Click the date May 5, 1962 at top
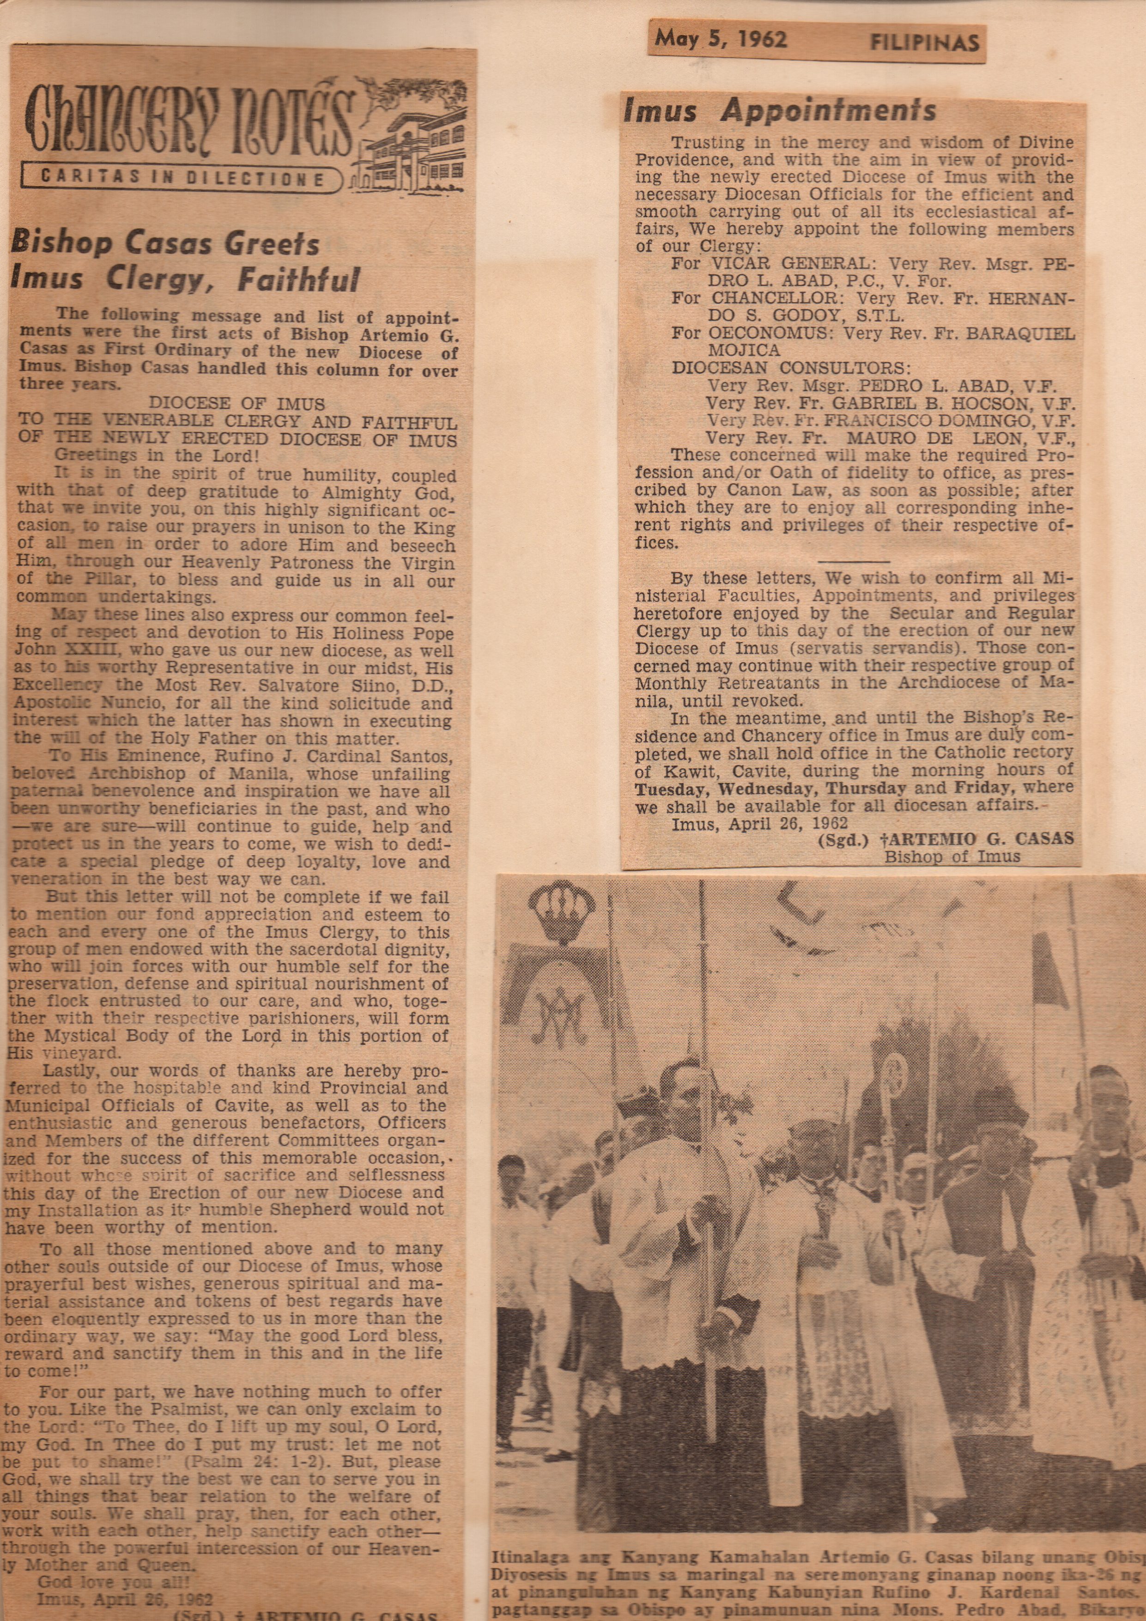coord(720,40)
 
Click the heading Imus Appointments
coord(780,111)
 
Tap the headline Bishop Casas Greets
coord(166,245)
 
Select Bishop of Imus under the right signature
coord(952,856)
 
